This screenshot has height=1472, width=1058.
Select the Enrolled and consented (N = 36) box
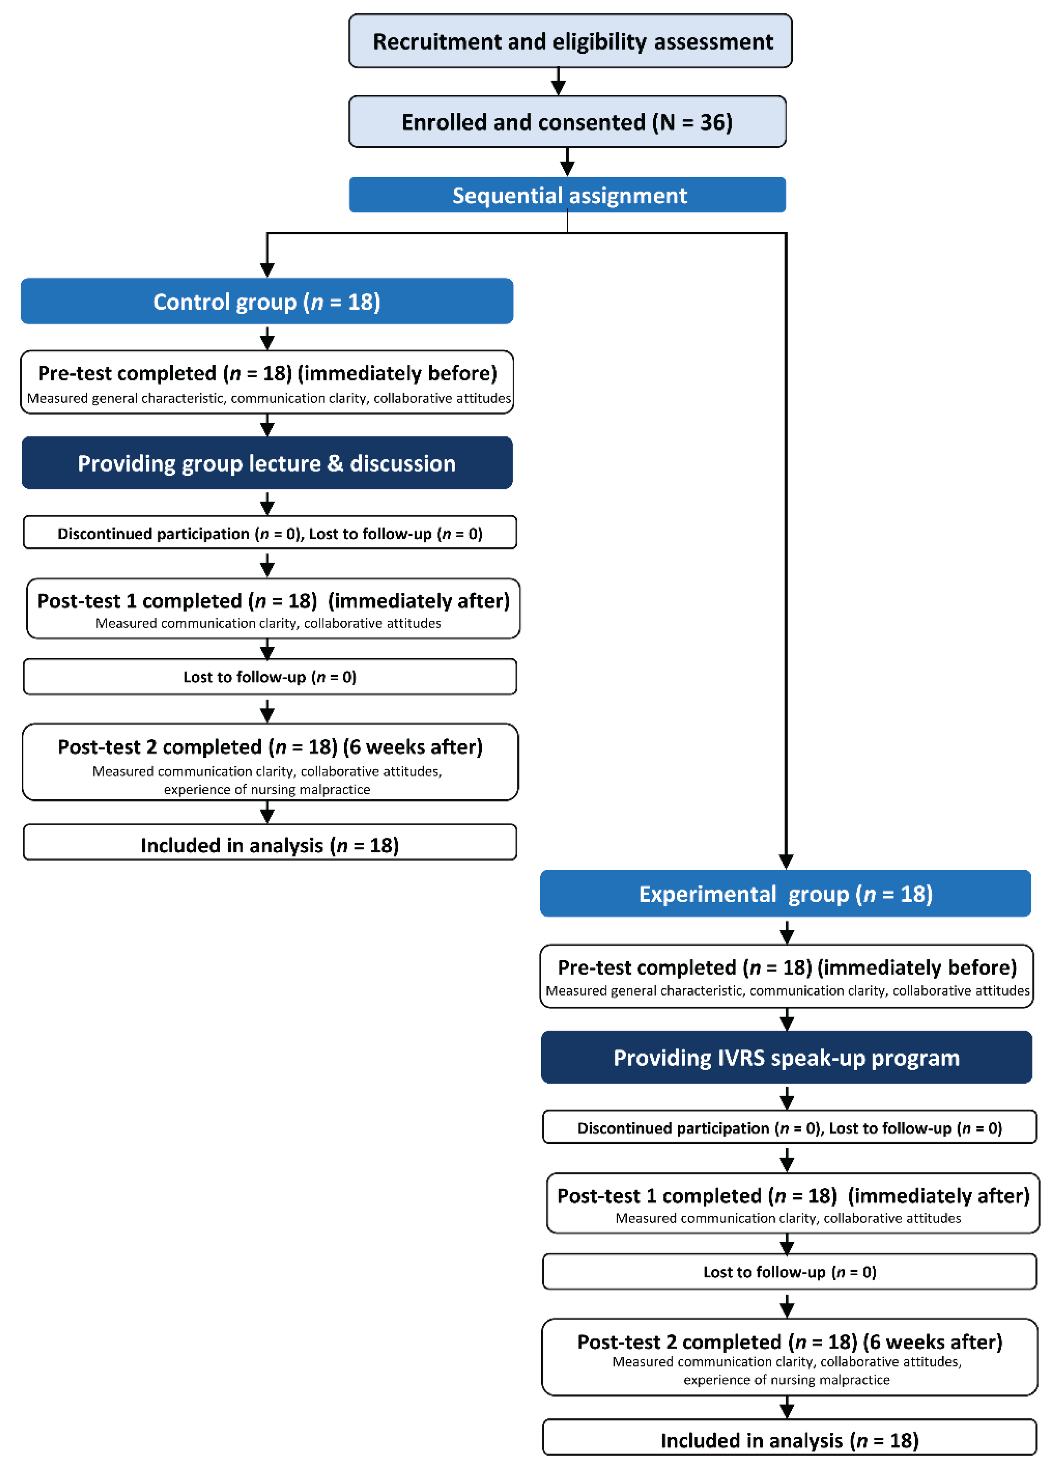pyautogui.click(x=567, y=121)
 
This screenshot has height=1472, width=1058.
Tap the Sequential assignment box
pyautogui.click(x=567, y=195)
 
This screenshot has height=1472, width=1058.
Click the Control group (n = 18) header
pyautogui.click(x=267, y=301)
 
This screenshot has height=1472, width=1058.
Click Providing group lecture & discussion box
pyautogui.click(x=267, y=463)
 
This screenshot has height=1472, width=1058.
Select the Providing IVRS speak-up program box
pyautogui.click(x=786, y=1057)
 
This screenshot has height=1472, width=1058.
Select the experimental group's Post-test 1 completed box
pyautogui.click(x=792, y=1202)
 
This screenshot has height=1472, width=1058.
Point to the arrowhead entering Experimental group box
pyautogui.click(x=786, y=862)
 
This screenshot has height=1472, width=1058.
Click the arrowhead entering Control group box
pyautogui.click(x=267, y=270)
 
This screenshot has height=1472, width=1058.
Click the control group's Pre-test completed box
pyautogui.click(x=267, y=382)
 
